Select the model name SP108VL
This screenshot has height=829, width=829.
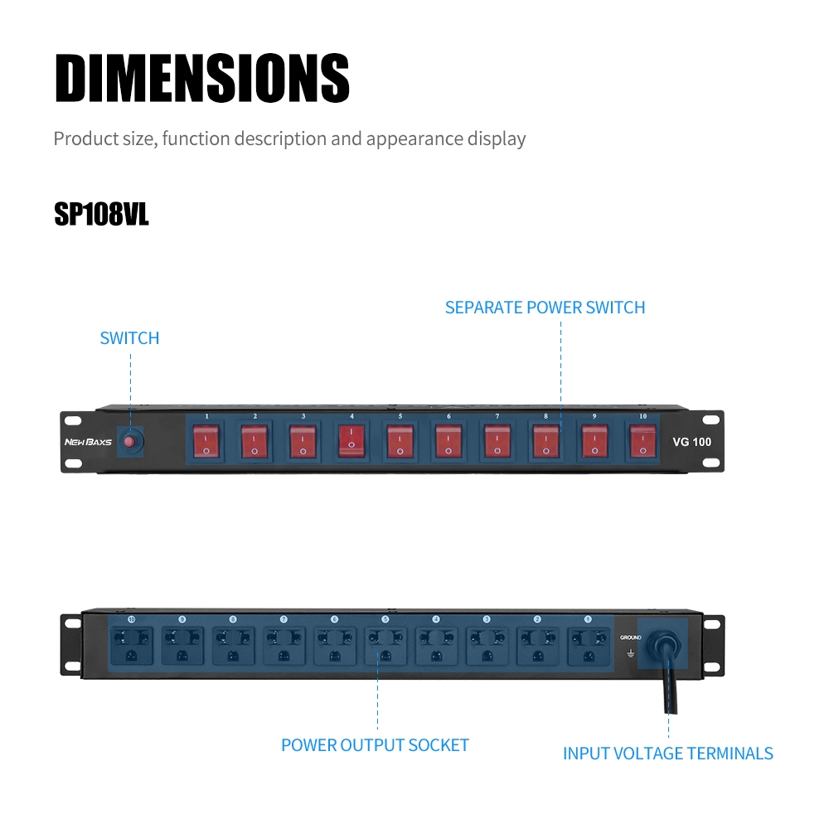pyautogui.click(x=101, y=214)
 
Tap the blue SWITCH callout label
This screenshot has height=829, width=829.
pyautogui.click(x=129, y=338)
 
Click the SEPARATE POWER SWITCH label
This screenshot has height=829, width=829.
pyautogui.click(x=545, y=308)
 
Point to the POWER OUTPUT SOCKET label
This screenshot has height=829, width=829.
pyautogui.click(x=375, y=745)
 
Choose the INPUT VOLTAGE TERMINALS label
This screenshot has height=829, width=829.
pyautogui.click(x=667, y=754)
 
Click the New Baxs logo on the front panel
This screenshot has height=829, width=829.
pyautogui.click(x=87, y=442)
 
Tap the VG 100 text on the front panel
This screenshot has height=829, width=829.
pyautogui.click(x=691, y=442)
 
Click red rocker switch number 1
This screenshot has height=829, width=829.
pyautogui.click(x=206, y=441)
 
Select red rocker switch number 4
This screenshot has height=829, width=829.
pyautogui.click(x=351, y=441)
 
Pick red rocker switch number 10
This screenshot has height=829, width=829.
pyautogui.click(x=642, y=441)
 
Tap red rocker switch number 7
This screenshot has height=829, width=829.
pyautogui.click(x=497, y=441)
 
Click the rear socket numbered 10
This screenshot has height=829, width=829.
pyautogui.click(x=131, y=645)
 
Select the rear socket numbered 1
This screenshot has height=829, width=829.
pyautogui.click(x=588, y=645)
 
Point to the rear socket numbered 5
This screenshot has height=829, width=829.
pyautogui.click(x=385, y=645)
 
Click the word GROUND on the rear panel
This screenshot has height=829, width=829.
pyautogui.click(x=630, y=638)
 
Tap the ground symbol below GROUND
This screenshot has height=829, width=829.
pyautogui.click(x=630, y=653)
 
